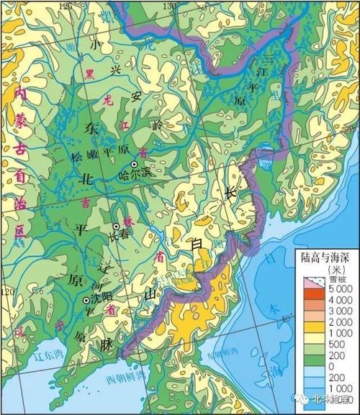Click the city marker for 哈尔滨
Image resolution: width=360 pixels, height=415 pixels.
click(134, 165)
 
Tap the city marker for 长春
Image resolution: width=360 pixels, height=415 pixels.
click(116, 225)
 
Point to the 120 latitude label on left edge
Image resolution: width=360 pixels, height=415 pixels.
click(7, 292)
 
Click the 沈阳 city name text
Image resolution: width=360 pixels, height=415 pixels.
click(102, 297)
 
